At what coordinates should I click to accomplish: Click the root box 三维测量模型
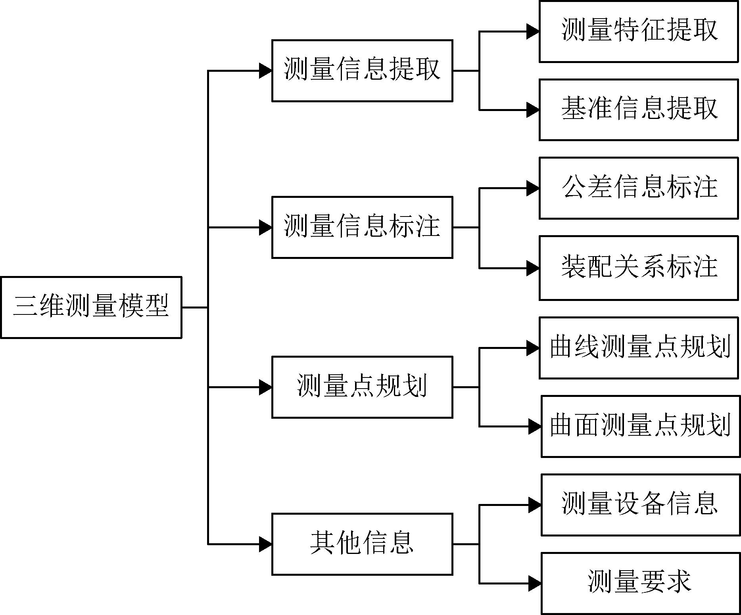click(91, 307)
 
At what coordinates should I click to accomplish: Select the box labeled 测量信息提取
click(362, 71)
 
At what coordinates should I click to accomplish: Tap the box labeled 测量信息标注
click(362, 227)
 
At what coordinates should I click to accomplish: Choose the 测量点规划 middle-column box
click(362, 387)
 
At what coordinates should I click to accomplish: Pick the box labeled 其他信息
click(362, 544)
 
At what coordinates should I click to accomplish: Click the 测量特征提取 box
click(639, 31)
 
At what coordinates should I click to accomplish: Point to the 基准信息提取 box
click(639, 110)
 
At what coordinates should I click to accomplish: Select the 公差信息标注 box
click(639, 188)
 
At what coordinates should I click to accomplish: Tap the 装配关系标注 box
click(639, 268)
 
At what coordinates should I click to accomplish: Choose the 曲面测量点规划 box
click(641, 426)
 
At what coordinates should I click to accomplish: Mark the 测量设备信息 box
click(641, 505)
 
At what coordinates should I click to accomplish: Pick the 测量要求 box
click(641, 583)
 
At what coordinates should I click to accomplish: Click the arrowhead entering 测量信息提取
click(265, 71)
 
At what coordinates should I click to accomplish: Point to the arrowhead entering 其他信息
click(265, 544)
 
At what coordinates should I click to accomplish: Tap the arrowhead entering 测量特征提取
click(533, 31)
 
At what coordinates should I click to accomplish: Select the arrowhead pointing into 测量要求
click(535, 583)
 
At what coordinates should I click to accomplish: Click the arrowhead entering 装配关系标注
click(533, 268)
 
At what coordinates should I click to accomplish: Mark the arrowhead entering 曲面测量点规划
click(535, 426)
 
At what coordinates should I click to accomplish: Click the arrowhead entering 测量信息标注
click(265, 227)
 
